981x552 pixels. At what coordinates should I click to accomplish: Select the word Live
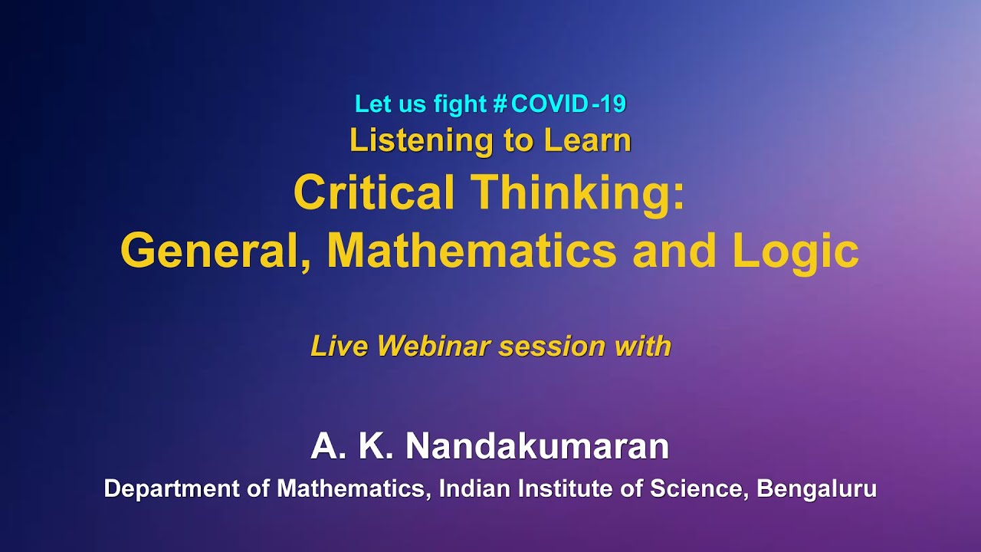tap(340, 347)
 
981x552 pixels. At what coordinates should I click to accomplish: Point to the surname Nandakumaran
tap(536, 446)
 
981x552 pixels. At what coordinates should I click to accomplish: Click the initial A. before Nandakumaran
tap(326, 446)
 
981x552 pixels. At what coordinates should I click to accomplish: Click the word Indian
tap(473, 488)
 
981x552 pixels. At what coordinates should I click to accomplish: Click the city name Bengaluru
tap(816, 488)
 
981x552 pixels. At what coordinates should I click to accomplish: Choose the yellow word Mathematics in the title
tap(471, 251)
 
